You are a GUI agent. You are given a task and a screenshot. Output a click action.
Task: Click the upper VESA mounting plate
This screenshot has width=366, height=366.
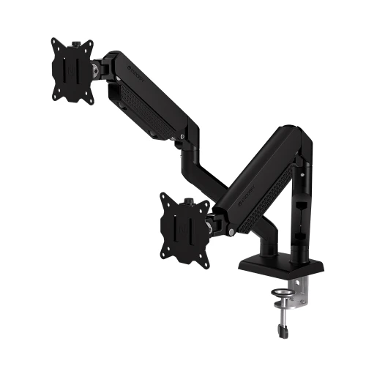click(73, 70)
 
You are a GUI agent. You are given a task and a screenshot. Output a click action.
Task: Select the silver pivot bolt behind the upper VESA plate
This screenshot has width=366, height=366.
click(96, 71)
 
